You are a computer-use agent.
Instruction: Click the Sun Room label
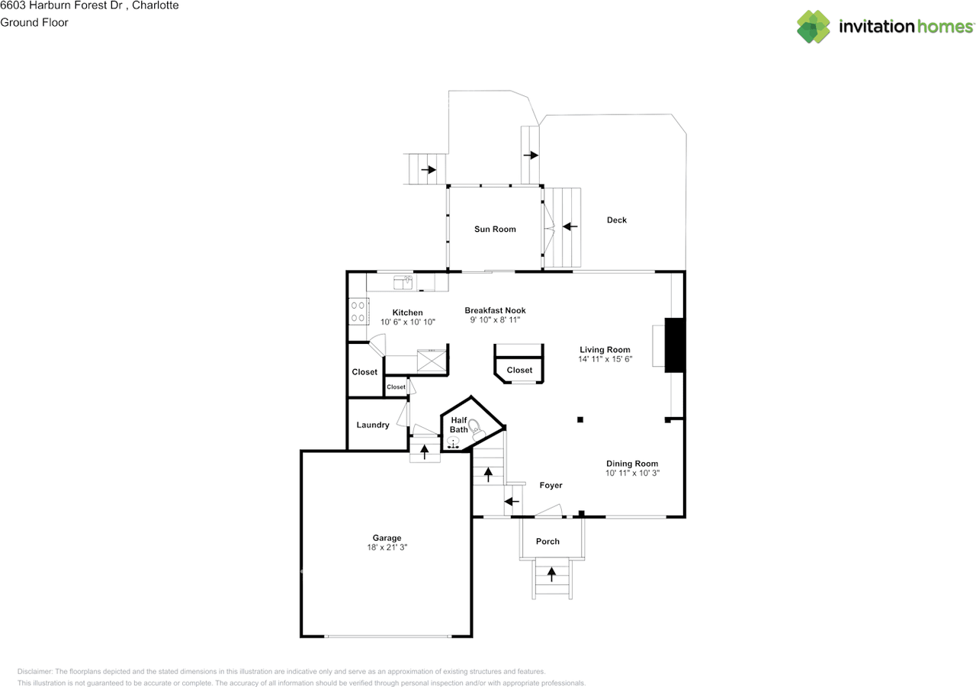(x=495, y=230)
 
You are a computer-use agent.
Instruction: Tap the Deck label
(x=617, y=220)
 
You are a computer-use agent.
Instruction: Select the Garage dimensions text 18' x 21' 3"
(x=387, y=547)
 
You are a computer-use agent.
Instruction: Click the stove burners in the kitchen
(x=358, y=312)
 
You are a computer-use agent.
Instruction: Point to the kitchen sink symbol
(x=403, y=282)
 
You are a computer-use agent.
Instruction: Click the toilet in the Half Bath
(x=477, y=429)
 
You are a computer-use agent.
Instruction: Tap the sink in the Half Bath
(x=453, y=442)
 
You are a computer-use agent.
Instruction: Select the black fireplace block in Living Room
(x=675, y=345)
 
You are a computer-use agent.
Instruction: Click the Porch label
(x=547, y=541)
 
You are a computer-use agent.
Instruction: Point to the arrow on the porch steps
(x=551, y=574)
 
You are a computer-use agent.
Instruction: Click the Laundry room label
(x=373, y=425)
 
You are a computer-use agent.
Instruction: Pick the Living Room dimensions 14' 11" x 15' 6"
(x=605, y=359)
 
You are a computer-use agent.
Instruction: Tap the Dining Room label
(x=632, y=464)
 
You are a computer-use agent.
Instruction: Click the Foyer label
(x=551, y=485)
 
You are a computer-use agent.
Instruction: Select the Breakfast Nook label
(x=495, y=310)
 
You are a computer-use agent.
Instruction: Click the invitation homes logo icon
(x=813, y=27)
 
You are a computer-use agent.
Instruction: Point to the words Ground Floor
(x=34, y=23)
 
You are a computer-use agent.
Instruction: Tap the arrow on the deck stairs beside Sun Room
(x=570, y=226)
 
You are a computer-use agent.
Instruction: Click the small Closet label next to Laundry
(x=396, y=387)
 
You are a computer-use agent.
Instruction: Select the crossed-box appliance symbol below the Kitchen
(x=432, y=360)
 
